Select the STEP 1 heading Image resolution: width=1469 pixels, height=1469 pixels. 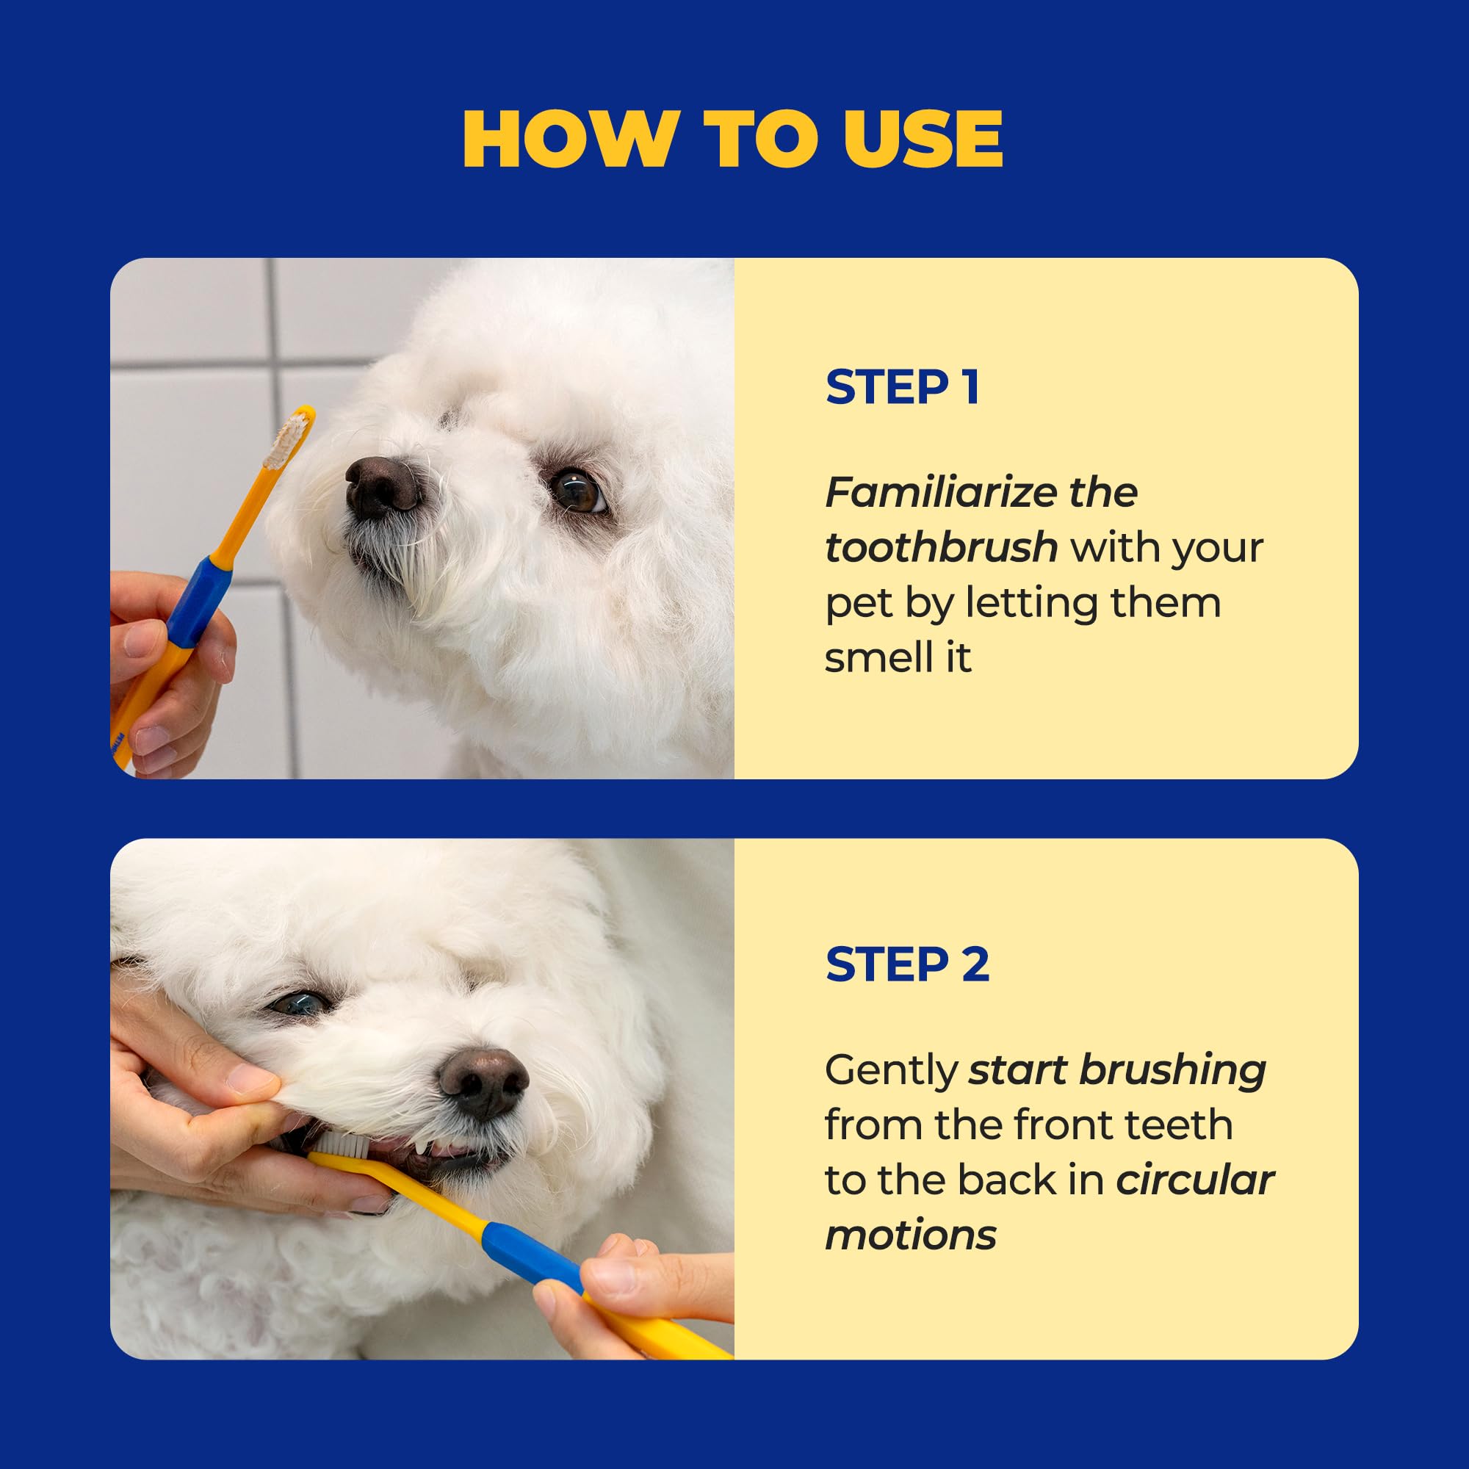pyautogui.click(x=903, y=387)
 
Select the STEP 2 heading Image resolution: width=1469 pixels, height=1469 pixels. pyautogui.click(x=907, y=965)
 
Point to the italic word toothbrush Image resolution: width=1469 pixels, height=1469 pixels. pyautogui.click(x=942, y=548)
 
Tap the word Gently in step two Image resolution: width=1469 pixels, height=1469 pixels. pyautogui.click(x=891, y=1071)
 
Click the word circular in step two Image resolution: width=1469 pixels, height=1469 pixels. pyautogui.click(x=1194, y=1181)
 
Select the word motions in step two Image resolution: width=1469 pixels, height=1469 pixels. pyautogui.click(x=910, y=1235)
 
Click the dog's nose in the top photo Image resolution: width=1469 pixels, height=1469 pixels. pyautogui.click(x=382, y=488)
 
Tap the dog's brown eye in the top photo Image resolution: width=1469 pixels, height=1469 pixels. pyautogui.click(x=576, y=491)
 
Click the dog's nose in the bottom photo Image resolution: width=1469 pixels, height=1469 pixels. pyautogui.click(x=483, y=1083)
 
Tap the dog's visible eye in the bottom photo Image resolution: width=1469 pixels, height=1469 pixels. pyautogui.click(x=299, y=1003)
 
